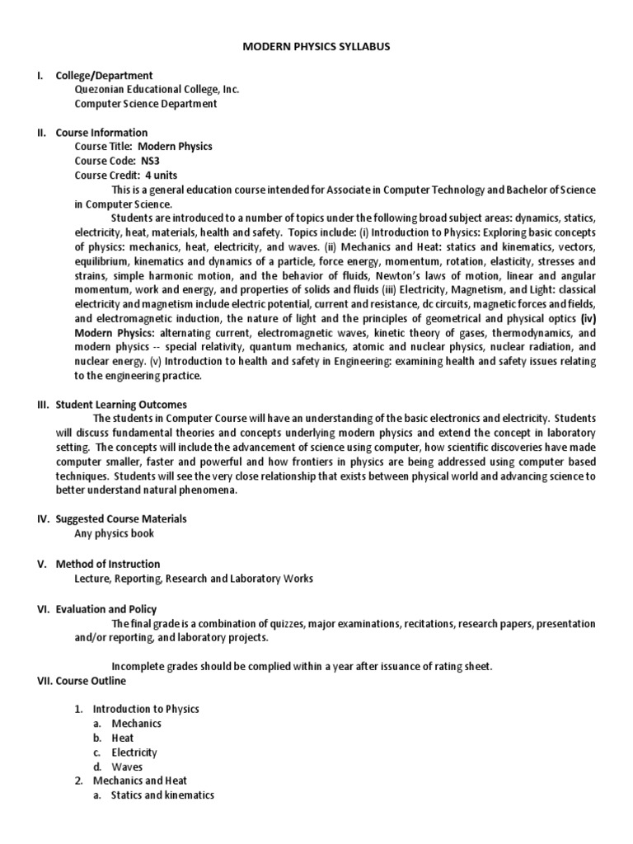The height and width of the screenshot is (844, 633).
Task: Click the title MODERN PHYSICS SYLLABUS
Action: (316, 47)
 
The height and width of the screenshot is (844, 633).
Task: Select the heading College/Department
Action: (104, 76)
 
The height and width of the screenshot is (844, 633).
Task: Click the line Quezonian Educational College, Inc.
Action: (157, 90)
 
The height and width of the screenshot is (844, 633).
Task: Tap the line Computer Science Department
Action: (146, 104)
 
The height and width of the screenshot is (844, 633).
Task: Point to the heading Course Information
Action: (101, 132)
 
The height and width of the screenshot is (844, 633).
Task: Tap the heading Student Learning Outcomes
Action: (121, 405)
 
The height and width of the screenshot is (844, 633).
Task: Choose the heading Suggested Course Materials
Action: (120, 518)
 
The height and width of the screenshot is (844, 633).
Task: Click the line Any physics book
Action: (114, 533)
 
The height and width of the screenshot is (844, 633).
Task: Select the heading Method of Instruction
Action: (107, 565)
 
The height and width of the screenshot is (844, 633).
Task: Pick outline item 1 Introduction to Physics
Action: (146, 709)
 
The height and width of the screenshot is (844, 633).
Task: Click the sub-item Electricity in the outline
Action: (134, 752)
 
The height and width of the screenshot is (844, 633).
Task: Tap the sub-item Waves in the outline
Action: (127, 767)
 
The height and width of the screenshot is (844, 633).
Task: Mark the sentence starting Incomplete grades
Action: (302, 666)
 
